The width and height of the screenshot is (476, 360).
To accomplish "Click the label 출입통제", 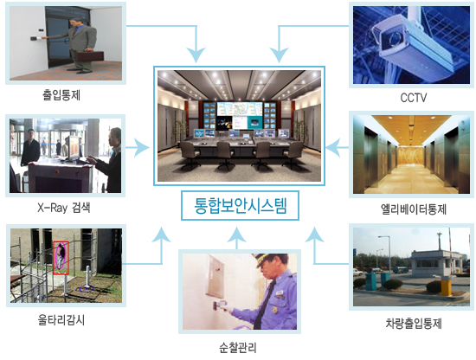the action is (61, 95).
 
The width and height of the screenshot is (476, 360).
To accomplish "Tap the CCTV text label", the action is (414, 98).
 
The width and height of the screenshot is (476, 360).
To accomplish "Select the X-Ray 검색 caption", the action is (64, 208).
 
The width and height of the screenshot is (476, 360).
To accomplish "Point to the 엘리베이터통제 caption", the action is (414, 209).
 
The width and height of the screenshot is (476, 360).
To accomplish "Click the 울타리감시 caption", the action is (61, 320).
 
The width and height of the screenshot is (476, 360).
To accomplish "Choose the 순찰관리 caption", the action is (238, 347).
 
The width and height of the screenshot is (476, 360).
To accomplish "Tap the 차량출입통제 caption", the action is (414, 324).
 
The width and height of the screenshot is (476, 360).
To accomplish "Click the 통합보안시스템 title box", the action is (240, 205).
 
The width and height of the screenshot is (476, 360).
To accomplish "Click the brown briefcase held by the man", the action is (90, 56).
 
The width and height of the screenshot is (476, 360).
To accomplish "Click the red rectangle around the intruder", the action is (61, 258).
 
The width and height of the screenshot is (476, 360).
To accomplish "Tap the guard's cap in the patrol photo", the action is (269, 259).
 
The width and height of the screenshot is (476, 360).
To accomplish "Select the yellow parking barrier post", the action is (447, 286).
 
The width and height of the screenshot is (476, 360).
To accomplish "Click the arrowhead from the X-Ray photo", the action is (142, 147).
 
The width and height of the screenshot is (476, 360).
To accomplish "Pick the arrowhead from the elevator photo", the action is (332, 148).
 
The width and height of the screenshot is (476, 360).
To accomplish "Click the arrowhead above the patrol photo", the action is (237, 234).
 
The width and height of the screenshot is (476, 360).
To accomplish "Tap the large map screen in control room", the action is (240, 109).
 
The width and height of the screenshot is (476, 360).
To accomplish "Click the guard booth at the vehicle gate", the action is (431, 263).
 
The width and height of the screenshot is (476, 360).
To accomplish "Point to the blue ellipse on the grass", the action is (87, 289).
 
